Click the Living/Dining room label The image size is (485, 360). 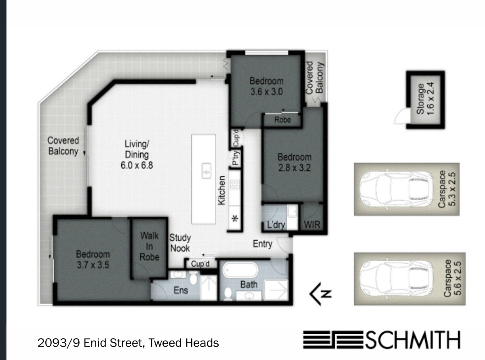pyautogui.click(x=137, y=155)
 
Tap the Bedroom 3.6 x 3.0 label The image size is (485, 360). pyautogui.click(x=267, y=86)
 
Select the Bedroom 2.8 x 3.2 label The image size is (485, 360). pyautogui.click(x=294, y=162)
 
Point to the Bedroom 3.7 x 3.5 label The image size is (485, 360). pyautogui.click(x=93, y=260)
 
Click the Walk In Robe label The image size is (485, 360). pyautogui.click(x=150, y=246)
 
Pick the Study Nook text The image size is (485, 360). pyautogui.click(x=180, y=243)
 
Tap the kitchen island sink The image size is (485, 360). pyautogui.click(x=206, y=171)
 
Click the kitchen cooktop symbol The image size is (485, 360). pyautogui.click(x=235, y=184)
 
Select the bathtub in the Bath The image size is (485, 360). pyautogui.click(x=240, y=270)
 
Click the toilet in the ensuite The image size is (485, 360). pyautogui.click(x=193, y=278)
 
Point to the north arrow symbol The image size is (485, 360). pyautogui.click(x=321, y=294)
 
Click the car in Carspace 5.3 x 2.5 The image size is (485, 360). pyautogui.click(x=396, y=189)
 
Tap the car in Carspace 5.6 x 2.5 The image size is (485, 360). pyautogui.click(x=396, y=278)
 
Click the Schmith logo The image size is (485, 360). pyautogui.click(x=382, y=339)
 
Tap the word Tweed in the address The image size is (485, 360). pyautogui.click(x=164, y=343)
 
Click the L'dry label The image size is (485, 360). pyautogui.click(x=276, y=224)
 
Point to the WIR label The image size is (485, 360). pyautogui.click(x=312, y=224)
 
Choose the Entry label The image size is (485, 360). pyautogui.click(x=263, y=244)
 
